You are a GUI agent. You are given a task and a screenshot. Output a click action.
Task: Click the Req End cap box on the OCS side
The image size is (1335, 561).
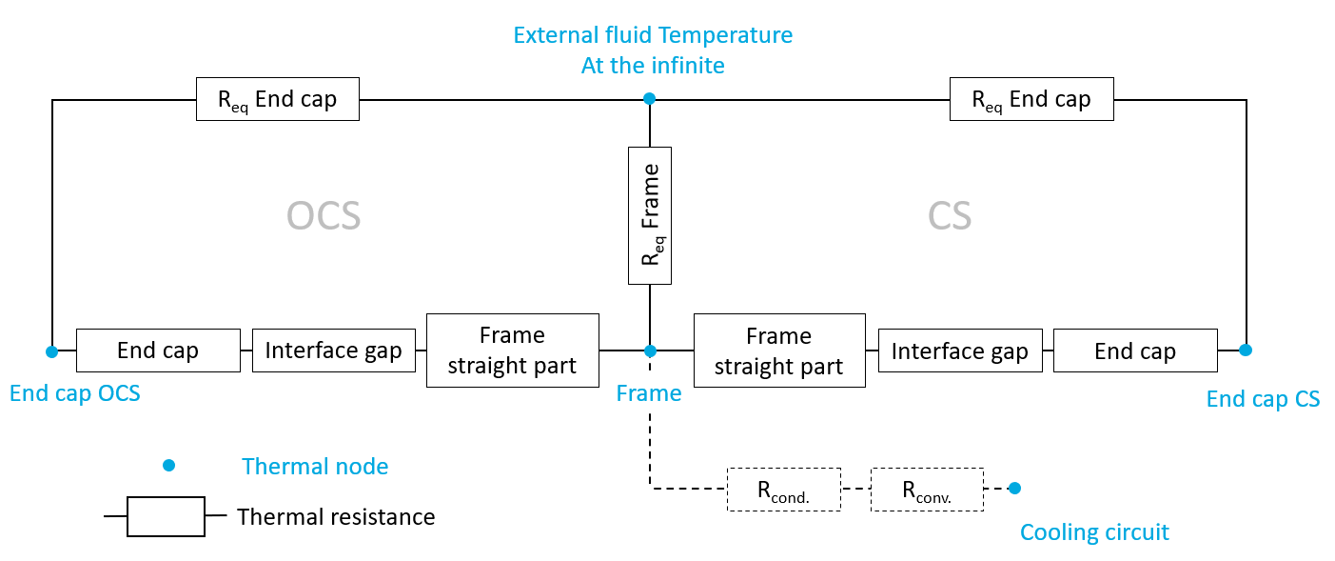[278, 99]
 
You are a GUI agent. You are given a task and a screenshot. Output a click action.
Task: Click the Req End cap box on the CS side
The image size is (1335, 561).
[1031, 99]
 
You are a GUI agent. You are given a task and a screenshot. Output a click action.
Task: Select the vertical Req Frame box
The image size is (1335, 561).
[650, 215]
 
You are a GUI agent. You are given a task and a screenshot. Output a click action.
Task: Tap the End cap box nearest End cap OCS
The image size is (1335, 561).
[158, 351]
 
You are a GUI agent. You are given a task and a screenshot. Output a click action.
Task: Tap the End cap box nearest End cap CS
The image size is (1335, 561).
[1135, 351]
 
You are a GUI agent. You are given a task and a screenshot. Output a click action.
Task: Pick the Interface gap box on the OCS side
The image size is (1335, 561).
[334, 351]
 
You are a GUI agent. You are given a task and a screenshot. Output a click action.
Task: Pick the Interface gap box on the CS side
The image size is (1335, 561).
[960, 351]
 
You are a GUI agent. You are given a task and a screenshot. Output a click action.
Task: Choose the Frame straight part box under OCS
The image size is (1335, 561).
[513, 351]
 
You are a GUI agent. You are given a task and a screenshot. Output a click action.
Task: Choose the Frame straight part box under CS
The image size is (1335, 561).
[779, 351]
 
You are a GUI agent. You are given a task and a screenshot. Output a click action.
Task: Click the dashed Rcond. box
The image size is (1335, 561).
[784, 490]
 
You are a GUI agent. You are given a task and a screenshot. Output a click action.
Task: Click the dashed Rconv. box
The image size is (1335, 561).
[928, 490]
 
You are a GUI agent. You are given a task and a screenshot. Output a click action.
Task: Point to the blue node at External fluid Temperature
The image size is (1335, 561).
[649, 98]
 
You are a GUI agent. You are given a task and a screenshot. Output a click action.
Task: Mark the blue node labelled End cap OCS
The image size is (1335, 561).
[52, 351]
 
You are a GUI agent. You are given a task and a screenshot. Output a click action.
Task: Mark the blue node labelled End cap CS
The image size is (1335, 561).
[1246, 350]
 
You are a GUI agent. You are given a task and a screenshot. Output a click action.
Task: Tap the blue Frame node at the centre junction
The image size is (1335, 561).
[650, 351]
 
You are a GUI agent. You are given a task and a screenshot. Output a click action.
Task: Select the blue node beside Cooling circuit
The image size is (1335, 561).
[1014, 489]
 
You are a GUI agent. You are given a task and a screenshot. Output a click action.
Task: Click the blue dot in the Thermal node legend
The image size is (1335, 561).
[168, 466]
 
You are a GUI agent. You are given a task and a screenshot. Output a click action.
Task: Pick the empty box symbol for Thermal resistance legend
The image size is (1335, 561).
[166, 516]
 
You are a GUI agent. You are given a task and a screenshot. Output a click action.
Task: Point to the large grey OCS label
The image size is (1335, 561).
[324, 216]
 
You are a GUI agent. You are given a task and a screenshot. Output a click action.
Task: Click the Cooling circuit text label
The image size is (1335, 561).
[1094, 531]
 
